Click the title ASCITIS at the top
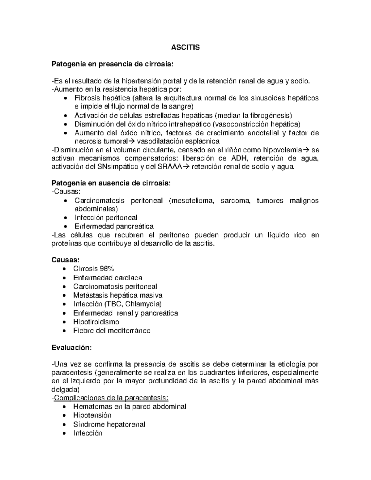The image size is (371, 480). click(x=185, y=48)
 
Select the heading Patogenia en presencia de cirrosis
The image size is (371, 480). click(x=112, y=64)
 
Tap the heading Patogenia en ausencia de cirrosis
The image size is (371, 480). click(x=111, y=183)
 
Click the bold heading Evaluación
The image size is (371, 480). click(x=71, y=347)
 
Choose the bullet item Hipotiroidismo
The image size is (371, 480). click(x=96, y=322)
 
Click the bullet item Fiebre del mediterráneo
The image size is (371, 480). click(x=112, y=331)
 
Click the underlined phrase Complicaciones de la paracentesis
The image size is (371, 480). click(x=111, y=397)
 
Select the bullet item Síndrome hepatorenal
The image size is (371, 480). click(x=109, y=424)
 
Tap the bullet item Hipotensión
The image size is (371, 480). click(x=92, y=415)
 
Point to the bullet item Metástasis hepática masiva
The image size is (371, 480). click(x=117, y=295)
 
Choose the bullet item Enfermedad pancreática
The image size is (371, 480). click(x=114, y=226)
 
